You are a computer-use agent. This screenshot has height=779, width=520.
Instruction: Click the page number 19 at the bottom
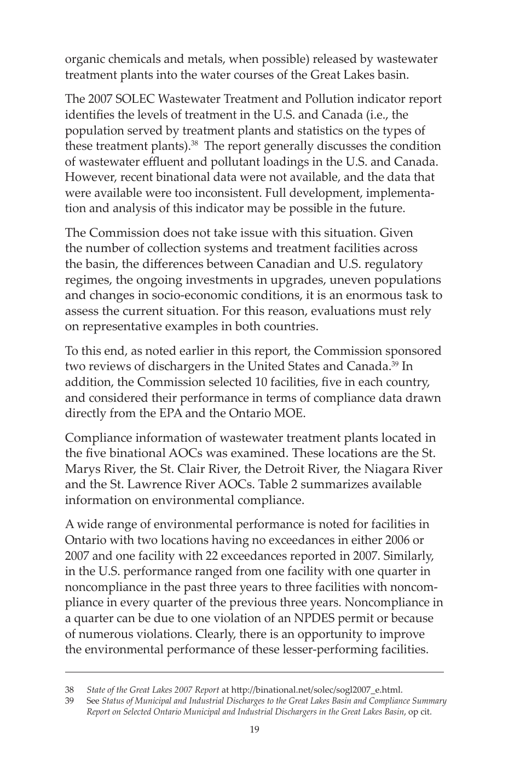coord(255,729)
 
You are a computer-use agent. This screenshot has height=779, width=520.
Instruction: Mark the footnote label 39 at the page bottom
coord(70,701)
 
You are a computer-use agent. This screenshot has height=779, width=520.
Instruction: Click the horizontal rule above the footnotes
coord(255,672)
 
